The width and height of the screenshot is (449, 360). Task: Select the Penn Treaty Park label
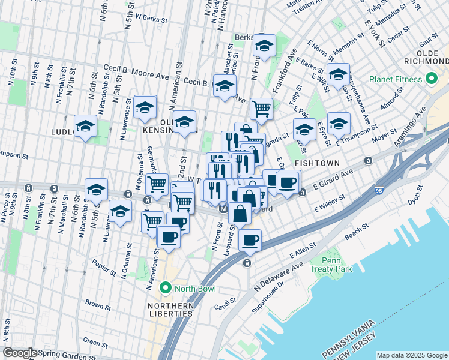(331, 265)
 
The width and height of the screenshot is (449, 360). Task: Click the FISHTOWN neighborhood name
(317, 163)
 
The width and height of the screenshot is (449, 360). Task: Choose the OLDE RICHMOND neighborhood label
(430, 58)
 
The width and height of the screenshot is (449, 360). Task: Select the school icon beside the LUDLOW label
(86, 126)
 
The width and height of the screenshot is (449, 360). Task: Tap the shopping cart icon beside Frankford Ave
(261, 108)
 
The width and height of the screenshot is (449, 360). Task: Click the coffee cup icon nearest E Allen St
(250, 240)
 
